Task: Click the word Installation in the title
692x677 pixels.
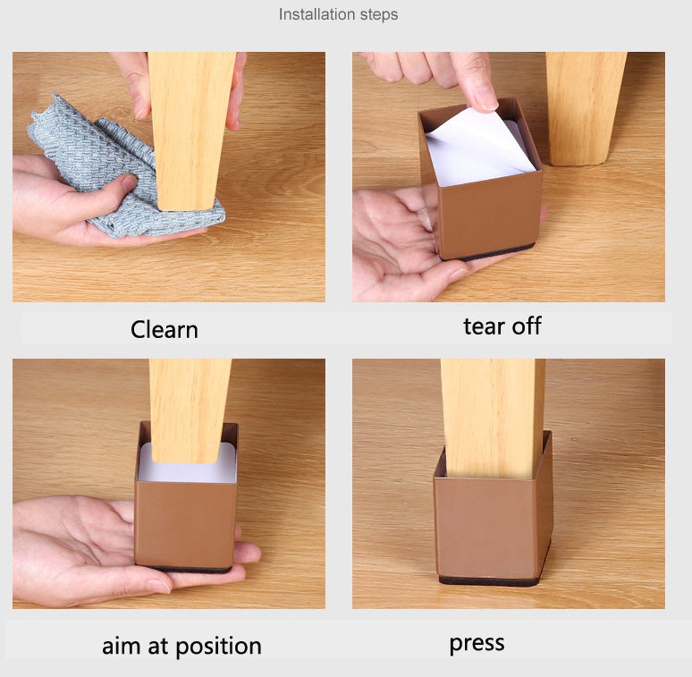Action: [310, 14]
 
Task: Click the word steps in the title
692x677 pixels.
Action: [379, 15]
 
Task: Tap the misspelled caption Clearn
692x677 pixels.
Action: [164, 330]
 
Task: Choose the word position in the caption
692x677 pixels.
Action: [219, 647]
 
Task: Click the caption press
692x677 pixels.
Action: [477, 644]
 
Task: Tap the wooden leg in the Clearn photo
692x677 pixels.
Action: [190, 128]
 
